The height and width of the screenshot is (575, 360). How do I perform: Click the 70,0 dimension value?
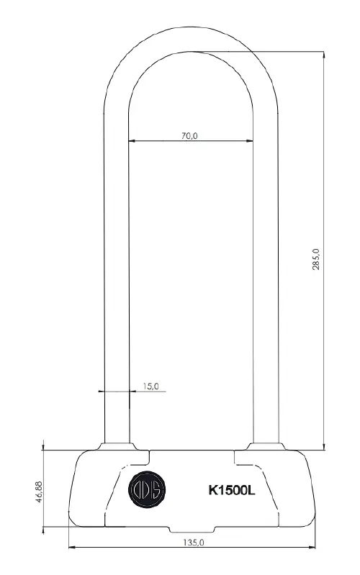pyautogui.click(x=189, y=136)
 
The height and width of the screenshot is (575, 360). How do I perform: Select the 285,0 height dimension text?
pyautogui.click(x=316, y=259)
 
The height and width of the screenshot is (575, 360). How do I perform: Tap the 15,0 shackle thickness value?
pyautogui.click(x=150, y=386)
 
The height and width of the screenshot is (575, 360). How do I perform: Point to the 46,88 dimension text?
pyautogui.click(x=39, y=492)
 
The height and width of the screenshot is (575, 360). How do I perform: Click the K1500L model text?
pyautogui.click(x=232, y=490)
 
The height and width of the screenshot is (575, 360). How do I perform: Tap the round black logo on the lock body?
pyautogui.click(x=147, y=489)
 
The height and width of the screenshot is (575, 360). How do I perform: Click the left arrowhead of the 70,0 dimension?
pyautogui.click(x=132, y=140)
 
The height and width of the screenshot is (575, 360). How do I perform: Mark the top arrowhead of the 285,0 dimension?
pyautogui.click(x=324, y=55)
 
